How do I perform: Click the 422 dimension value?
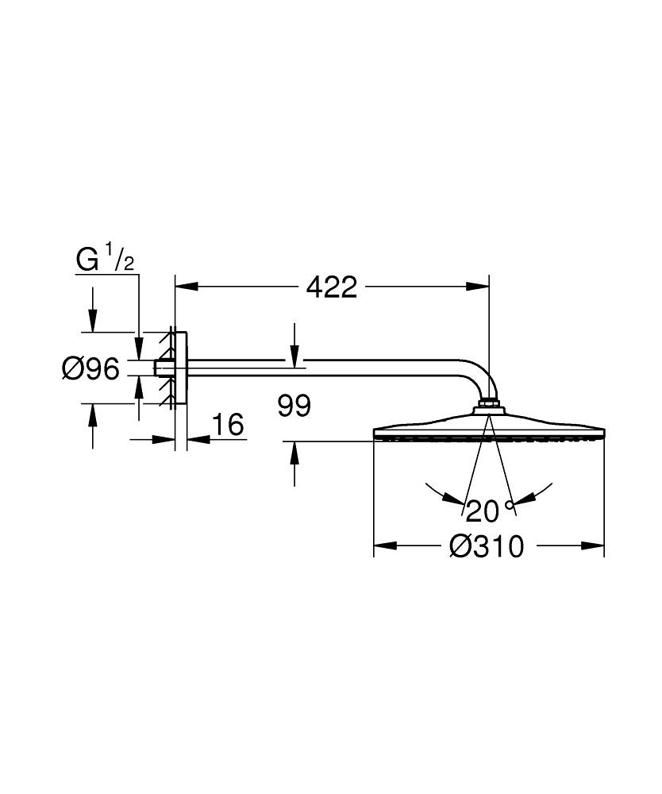tap(332, 287)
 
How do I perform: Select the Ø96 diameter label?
tap(90, 368)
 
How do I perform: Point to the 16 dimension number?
tap(228, 425)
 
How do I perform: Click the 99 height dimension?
tap(294, 407)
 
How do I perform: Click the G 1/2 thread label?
tap(104, 260)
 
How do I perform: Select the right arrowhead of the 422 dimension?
tap(479, 287)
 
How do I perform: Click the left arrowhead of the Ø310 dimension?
tap(384, 546)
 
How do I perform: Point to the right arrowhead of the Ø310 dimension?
tap(594, 546)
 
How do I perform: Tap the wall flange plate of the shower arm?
tap(181, 368)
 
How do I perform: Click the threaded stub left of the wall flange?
tap(163, 368)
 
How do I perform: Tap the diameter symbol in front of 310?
tap(461, 546)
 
